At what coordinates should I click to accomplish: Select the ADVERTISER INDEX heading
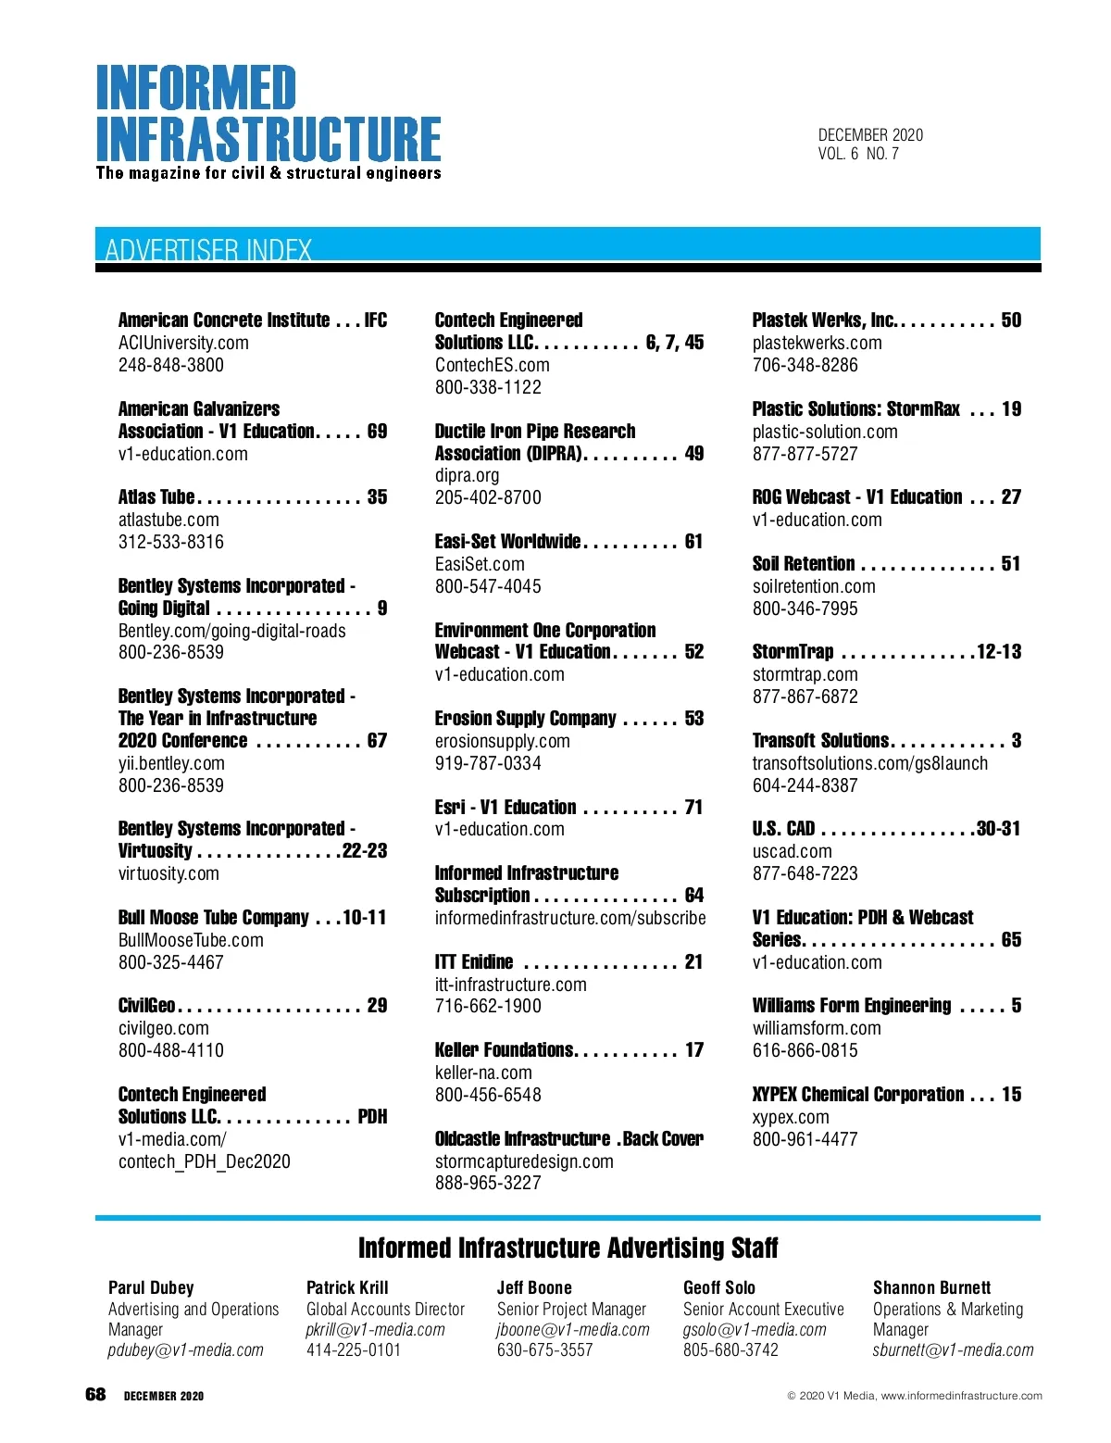(x=208, y=249)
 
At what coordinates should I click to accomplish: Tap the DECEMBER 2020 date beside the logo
(x=870, y=135)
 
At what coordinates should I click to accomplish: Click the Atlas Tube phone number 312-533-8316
(x=171, y=542)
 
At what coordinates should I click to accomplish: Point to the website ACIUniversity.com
(x=183, y=343)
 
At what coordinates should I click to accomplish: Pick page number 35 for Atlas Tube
(x=377, y=497)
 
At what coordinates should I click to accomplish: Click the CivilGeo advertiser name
(x=147, y=1006)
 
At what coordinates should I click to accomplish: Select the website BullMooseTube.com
(x=191, y=940)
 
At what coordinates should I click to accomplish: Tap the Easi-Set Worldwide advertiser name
(x=507, y=542)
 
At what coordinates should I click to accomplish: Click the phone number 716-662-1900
(x=488, y=1006)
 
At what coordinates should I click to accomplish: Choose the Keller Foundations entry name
(x=505, y=1050)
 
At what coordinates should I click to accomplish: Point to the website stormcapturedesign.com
(x=524, y=1161)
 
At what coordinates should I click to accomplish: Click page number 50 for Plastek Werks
(x=1011, y=320)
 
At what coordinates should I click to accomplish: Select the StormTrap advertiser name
(x=793, y=652)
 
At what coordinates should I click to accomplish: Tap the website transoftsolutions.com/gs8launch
(x=870, y=763)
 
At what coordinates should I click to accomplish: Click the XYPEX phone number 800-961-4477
(x=805, y=1139)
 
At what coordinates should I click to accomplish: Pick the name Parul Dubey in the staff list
(x=151, y=1287)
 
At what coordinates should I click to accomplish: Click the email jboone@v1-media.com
(x=573, y=1330)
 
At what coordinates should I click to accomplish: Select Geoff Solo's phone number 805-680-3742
(x=730, y=1350)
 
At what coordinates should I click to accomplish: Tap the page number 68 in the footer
(x=95, y=1395)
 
